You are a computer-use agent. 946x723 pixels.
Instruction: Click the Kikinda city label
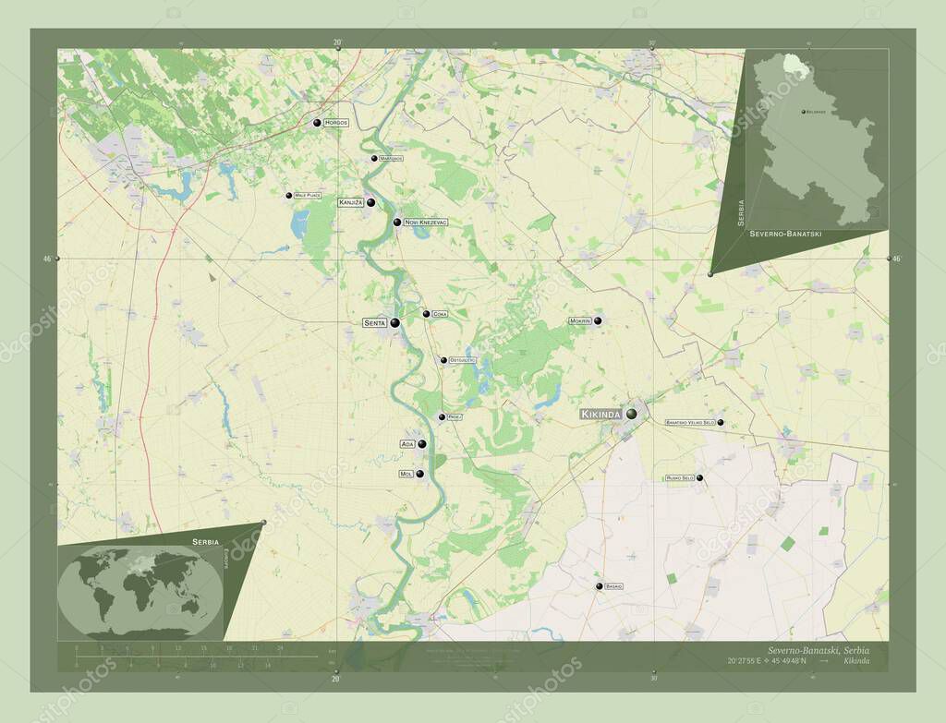point(600,415)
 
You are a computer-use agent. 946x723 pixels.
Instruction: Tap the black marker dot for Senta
point(394,322)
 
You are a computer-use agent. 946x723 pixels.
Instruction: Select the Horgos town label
point(336,123)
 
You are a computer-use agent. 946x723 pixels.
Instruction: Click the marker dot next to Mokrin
point(598,320)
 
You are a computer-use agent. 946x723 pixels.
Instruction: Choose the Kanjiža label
point(351,202)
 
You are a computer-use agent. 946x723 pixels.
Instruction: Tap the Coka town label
point(440,314)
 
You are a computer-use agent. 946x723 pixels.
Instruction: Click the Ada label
point(406,444)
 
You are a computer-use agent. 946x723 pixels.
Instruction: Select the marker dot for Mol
point(420,475)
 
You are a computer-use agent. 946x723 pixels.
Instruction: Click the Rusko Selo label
point(679,478)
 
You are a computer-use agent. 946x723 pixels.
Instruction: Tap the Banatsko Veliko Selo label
point(690,422)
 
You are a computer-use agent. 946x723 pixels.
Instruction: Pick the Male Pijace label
point(309,196)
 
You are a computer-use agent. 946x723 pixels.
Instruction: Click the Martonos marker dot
point(374,159)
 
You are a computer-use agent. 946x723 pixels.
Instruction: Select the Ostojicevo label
point(462,359)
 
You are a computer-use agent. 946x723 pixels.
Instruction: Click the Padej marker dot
point(442,417)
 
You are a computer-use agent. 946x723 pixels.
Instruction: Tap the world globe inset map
point(139,592)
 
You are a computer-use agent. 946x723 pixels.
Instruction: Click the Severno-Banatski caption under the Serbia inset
point(785,235)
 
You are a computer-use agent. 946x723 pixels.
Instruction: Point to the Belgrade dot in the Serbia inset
point(801,112)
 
